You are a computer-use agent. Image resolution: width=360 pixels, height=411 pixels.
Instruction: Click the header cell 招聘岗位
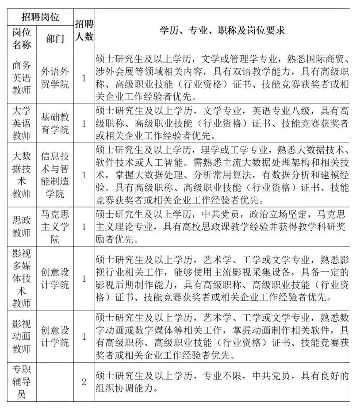40,18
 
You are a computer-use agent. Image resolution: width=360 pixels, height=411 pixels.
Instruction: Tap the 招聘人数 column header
84,30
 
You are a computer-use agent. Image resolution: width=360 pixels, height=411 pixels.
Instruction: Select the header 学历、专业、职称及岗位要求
222,30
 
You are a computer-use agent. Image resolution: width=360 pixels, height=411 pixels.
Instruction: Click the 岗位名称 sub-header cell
22,38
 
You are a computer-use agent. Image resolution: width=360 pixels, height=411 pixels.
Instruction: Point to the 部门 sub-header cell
55,38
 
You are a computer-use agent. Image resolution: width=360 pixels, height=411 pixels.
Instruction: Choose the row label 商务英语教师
22,78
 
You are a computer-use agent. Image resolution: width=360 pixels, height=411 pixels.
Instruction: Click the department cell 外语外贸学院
55,78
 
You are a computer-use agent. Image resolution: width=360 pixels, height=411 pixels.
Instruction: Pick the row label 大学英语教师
22,123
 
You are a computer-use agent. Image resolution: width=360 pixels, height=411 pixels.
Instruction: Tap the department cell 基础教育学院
55,123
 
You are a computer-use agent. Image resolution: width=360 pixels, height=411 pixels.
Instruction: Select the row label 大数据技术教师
22,175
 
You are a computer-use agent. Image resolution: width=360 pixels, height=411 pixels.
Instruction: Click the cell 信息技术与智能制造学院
55,175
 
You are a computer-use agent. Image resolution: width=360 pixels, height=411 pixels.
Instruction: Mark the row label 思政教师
22,227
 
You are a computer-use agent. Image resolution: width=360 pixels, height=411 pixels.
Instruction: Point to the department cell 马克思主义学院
55,227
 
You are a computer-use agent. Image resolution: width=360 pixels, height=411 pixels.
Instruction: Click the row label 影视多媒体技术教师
22,278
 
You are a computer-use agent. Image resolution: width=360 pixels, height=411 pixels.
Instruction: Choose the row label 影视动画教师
22,336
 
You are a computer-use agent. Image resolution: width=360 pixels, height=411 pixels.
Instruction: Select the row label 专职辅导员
22,381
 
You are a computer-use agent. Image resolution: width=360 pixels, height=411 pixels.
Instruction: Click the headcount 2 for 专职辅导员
84,381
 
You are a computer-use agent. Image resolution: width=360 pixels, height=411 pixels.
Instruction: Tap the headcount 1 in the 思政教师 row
84,227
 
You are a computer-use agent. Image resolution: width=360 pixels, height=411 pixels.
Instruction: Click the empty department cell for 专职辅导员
55,381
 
